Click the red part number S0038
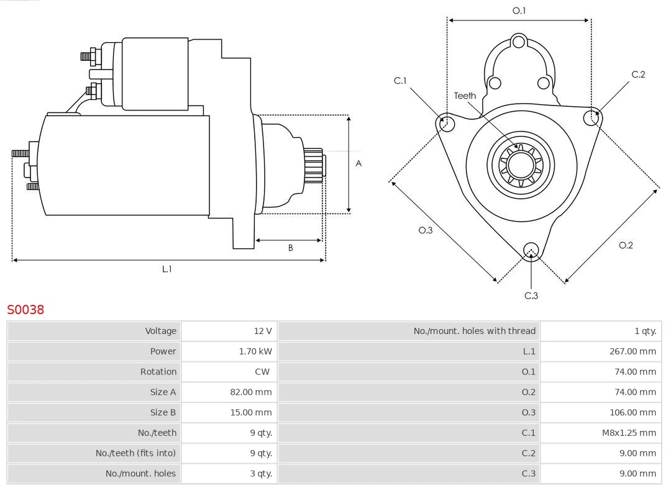click(x=25, y=309)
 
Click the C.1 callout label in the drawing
click(x=400, y=81)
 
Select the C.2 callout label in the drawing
click(x=638, y=75)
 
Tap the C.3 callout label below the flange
click(x=531, y=296)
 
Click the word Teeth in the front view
click(x=465, y=96)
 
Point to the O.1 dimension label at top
click(x=519, y=11)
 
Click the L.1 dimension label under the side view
click(x=167, y=269)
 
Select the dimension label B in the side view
click(x=290, y=248)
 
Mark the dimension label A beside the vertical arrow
click(x=358, y=164)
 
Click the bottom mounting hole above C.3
click(x=531, y=250)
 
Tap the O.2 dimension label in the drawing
click(x=626, y=245)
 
